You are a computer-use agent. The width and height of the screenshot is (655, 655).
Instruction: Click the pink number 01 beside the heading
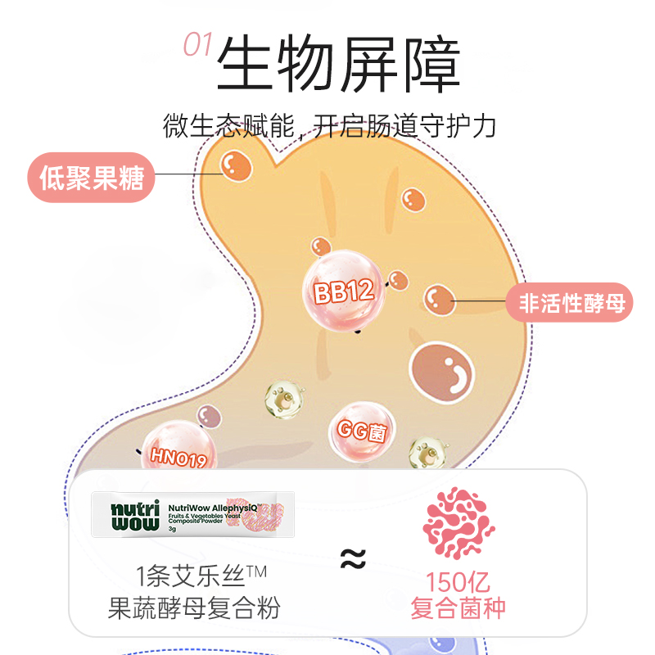pos(196,45)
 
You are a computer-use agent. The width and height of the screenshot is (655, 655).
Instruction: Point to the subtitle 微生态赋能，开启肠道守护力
pos(329,127)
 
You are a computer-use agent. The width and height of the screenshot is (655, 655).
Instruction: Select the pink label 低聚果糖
pos(91,178)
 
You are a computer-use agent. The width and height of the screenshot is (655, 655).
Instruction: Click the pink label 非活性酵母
pos(572,304)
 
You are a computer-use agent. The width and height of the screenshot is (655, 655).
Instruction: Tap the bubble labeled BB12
pos(343,291)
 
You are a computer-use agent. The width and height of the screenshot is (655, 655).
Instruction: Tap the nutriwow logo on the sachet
pos(124,513)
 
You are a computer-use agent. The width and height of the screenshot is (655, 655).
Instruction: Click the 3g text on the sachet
pos(172,528)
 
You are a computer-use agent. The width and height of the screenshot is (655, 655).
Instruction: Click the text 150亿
pos(458,583)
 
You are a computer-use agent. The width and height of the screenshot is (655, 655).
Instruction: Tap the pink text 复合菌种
pos(458,608)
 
